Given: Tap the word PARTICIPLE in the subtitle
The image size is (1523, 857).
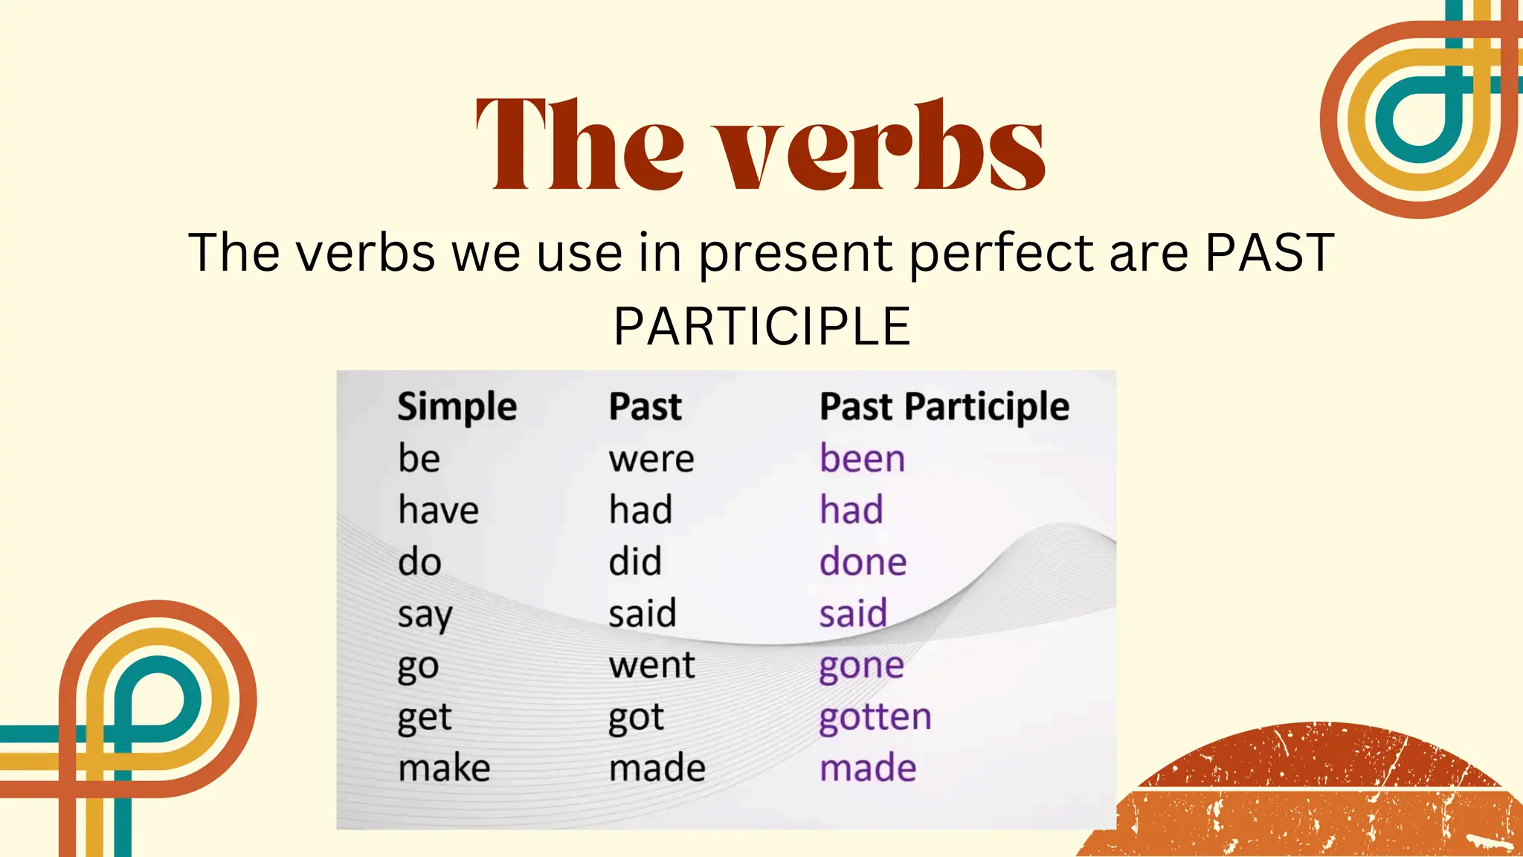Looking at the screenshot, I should (x=761, y=327).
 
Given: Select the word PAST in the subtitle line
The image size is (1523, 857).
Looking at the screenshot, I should (x=1269, y=253).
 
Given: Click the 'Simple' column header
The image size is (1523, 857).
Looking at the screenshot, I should (x=457, y=407).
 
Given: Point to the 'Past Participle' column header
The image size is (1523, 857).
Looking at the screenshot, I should (x=944, y=407).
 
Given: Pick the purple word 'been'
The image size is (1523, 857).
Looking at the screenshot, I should (x=862, y=458).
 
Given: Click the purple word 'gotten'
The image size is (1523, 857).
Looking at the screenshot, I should (x=875, y=717).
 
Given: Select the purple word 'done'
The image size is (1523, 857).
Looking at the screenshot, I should (x=863, y=562).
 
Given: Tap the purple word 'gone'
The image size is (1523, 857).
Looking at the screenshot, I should (x=861, y=666).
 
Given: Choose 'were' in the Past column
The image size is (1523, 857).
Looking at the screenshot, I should (x=651, y=458).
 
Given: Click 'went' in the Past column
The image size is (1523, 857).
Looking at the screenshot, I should (x=651, y=665).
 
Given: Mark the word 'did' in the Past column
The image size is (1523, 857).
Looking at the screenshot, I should (x=634, y=562).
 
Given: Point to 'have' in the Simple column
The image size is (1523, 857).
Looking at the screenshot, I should (x=438, y=510).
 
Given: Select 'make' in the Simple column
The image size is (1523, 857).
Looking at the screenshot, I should (x=444, y=768).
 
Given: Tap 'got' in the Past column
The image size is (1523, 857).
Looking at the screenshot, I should (x=636, y=718).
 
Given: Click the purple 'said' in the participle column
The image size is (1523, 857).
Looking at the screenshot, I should (x=853, y=614).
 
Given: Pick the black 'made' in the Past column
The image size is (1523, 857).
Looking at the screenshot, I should (x=657, y=768).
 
